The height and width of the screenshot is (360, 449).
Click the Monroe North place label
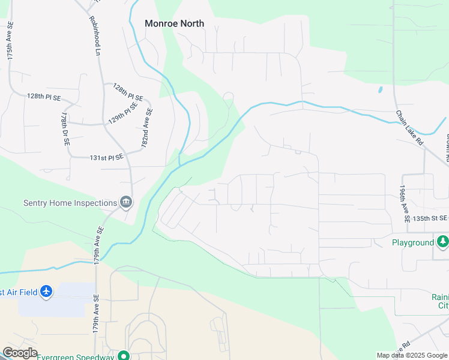174,23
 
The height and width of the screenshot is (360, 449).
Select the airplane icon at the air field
46,292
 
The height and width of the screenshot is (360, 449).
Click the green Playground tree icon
443,241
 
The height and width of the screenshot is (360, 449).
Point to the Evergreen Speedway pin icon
124,356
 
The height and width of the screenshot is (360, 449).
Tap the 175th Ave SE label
10,41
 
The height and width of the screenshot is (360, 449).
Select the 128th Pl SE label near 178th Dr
44,96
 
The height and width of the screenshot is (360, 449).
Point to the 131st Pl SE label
106,157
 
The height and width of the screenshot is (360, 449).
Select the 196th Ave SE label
404,204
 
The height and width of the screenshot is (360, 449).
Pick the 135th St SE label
430,218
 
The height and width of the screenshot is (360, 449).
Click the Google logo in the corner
20,353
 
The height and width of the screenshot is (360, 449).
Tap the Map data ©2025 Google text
412,355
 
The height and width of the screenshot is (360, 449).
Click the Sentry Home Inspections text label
70,203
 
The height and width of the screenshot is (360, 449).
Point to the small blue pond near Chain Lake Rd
380,90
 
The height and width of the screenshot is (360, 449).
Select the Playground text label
413,242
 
